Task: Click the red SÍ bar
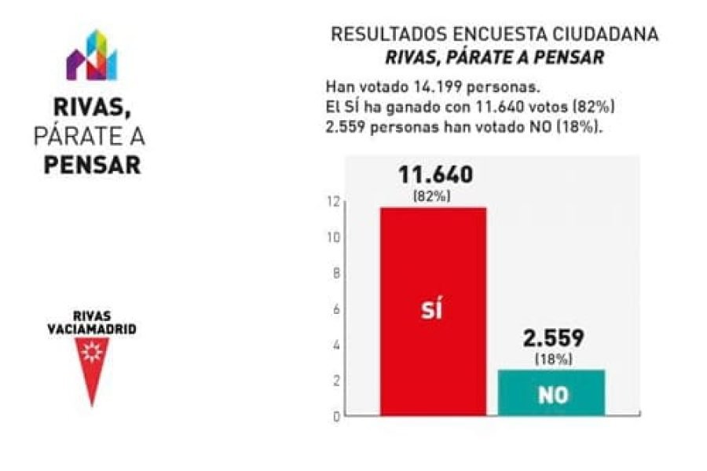433,259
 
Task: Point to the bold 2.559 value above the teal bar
553,339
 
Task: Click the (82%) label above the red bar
432,197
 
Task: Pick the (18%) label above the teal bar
553,360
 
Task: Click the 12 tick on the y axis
335,202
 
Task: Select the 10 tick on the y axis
335,238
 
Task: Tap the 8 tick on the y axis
336,273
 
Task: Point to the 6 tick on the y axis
336,309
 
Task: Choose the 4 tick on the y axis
336,345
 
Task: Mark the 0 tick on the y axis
336,416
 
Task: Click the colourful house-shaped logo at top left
91,56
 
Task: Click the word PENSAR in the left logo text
93,166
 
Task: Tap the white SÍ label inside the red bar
430,309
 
